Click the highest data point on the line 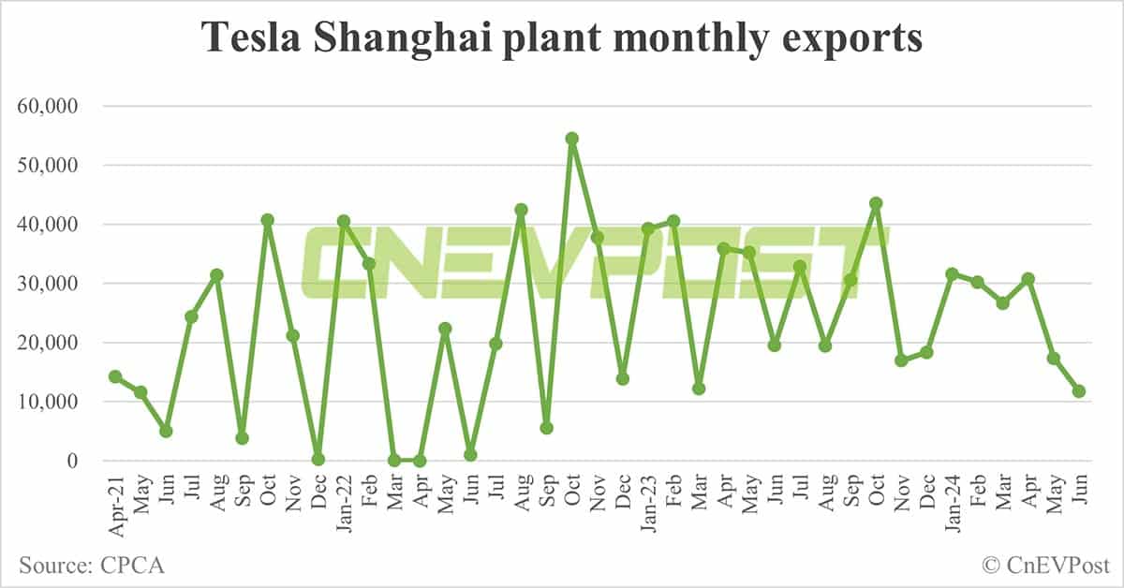[572, 139]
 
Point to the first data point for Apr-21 [115, 376]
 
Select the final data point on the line [1079, 391]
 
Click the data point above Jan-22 [344, 221]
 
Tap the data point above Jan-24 [952, 274]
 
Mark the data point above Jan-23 [647, 228]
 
